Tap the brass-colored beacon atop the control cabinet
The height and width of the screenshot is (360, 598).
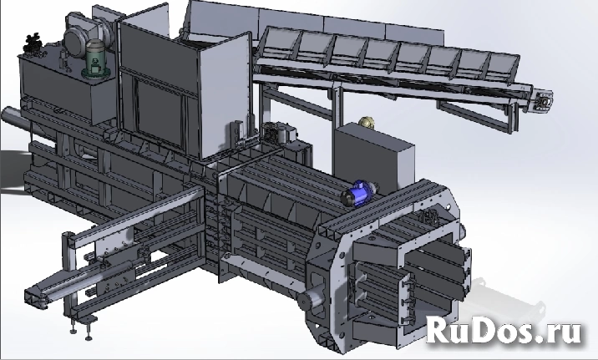click(367, 122)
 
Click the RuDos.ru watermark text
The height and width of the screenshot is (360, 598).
click(504, 331)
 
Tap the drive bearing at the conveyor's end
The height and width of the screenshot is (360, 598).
click(544, 101)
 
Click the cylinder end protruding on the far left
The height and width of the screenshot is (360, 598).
click(15, 119)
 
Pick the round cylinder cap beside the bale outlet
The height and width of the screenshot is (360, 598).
click(308, 299)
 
